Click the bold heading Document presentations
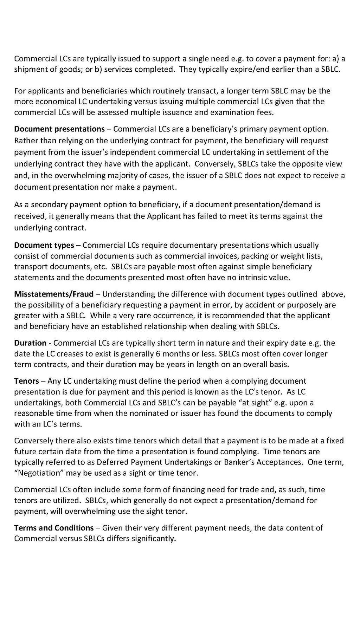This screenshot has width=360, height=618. tap(59, 129)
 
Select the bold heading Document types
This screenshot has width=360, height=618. tap(44, 245)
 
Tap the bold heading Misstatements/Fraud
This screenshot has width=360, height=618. tap(54, 294)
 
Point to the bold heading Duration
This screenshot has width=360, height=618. tap(30, 343)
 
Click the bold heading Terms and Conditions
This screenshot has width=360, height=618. tap(54, 527)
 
